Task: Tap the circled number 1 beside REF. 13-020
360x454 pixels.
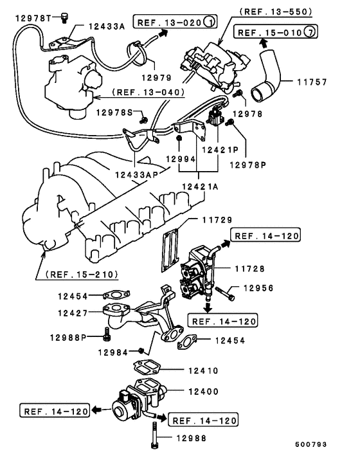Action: [208, 23]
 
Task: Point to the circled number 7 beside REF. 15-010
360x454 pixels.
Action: [310, 32]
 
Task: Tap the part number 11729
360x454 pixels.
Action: [215, 220]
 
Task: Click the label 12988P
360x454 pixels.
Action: [69, 336]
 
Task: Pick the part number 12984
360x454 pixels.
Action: [116, 352]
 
